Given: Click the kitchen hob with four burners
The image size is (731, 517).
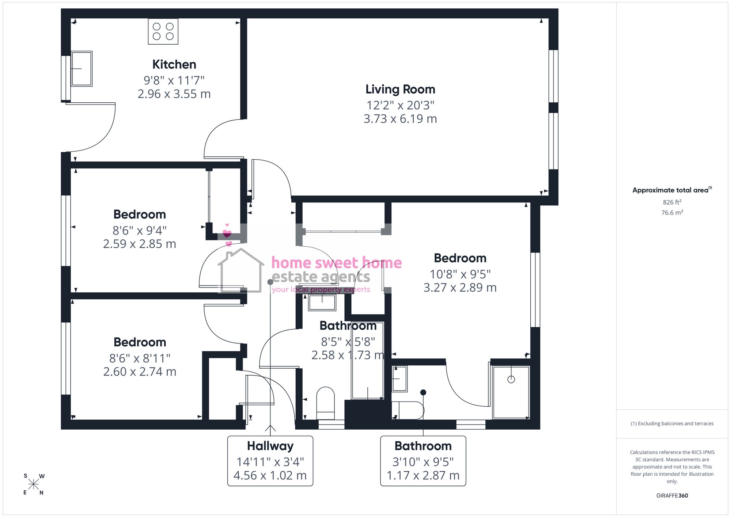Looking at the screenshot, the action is coord(163,31).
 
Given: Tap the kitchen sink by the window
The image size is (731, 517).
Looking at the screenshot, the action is coord(82,69).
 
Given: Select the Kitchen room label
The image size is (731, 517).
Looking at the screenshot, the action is coord(174,64).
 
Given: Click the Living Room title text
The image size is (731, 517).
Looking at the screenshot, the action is coord(400,89).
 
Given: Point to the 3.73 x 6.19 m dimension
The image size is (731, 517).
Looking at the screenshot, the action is coord(400,119).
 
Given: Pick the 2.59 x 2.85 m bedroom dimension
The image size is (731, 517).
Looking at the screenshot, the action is coord(140,244).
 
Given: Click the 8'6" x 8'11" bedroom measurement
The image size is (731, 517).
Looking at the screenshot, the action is coord(140,358).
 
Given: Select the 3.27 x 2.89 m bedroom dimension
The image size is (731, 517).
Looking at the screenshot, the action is coord(460,288).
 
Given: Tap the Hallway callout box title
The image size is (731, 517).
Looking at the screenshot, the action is coord(270,446).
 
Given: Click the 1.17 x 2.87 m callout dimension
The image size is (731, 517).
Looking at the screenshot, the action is coord(423,475).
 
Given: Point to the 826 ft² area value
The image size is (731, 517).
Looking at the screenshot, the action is coord(672,202).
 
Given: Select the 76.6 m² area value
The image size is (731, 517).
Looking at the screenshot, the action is coord(672,212).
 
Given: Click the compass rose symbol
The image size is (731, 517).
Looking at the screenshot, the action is coord(33,484).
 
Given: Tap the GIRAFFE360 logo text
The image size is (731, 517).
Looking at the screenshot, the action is coord(672,495).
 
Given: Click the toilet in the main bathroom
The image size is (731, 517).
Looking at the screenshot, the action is coord(325,403).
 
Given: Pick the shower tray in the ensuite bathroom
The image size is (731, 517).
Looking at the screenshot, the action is coord(511,392).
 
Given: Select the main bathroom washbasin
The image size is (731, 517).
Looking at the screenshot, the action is coord(322,302).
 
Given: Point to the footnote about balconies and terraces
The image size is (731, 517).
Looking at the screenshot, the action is coord(672,423).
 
